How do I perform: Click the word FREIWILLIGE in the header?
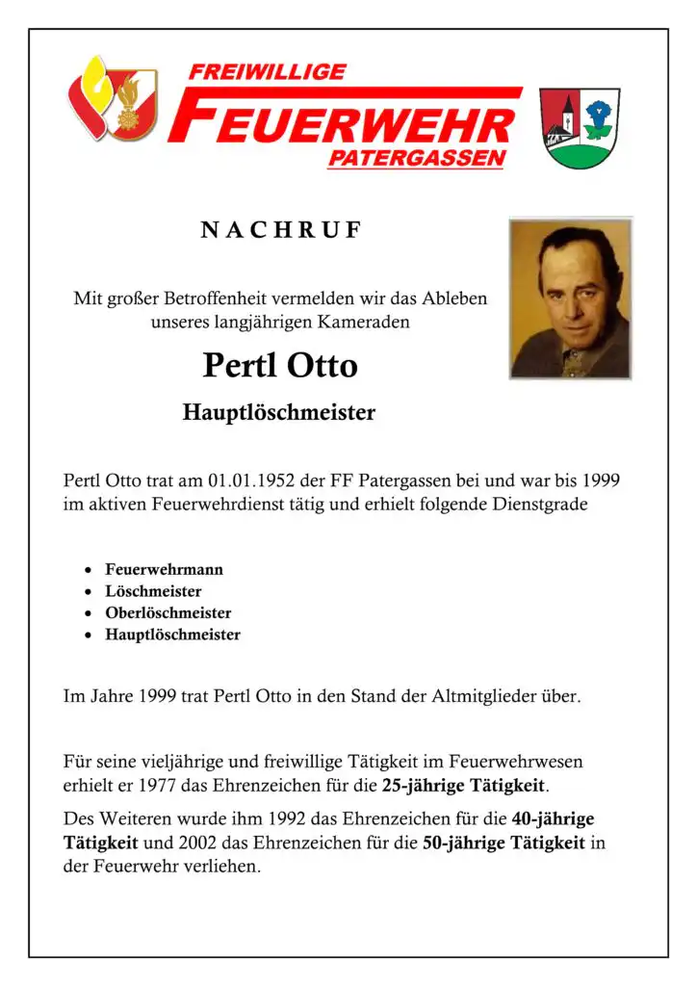point(267,72)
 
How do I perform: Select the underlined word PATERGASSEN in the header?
point(415,159)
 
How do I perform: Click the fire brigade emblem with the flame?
point(113,98)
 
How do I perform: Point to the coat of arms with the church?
point(580,127)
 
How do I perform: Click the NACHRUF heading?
point(280,230)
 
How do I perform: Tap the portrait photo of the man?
point(570,298)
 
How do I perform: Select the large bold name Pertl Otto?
point(280,366)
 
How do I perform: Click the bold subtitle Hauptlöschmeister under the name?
point(278,414)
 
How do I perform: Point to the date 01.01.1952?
point(249,480)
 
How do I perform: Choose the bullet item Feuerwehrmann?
point(164,569)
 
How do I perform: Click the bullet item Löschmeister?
point(153,591)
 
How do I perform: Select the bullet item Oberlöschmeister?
point(168,613)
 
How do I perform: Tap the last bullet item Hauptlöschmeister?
point(172,636)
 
